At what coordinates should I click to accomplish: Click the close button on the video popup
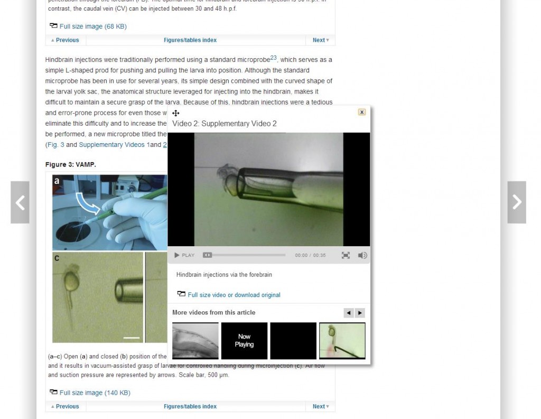(x=362, y=112)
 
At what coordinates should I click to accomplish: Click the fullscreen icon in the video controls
(x=346, y=255)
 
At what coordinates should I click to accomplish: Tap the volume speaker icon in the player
(x=362, y=255)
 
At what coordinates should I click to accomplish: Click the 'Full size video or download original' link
(x=234, y=295)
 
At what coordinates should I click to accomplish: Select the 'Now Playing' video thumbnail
(x=244, y=340)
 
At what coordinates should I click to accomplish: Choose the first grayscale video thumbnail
(x=195, y=340)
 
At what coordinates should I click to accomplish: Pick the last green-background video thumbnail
(x=342, y=340)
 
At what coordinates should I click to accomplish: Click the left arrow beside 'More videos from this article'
(x=349, y=313)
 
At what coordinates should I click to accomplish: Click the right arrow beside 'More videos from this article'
(x=360, y=313)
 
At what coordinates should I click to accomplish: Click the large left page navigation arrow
(x=20, y=202)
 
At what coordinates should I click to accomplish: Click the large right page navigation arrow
(x=517, y=202)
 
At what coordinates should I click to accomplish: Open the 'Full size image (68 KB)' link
(x=92, y=26)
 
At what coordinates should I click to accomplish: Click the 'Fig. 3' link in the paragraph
(x=55, y=145)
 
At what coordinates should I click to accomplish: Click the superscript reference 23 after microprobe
(x=273, y=58)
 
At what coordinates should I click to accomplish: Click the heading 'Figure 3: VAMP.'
(x=71, y=165)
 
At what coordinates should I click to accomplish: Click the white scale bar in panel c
(x=132, y=337)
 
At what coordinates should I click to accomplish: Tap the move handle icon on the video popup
(x=176, y=113)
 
